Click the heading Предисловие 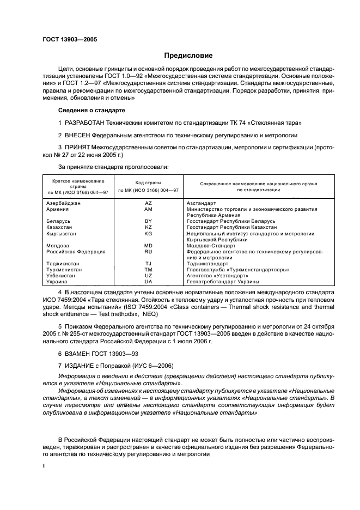(189, 56)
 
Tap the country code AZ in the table (148, 203)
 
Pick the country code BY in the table (148, 221)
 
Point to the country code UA (148, 282)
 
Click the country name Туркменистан (64, 270)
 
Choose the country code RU (148, 252)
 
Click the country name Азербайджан (64, 203)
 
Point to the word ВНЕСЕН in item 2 (80, 135)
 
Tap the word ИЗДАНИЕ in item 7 (81, 365)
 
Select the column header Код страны (148, 183)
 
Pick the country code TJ (148, 264)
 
